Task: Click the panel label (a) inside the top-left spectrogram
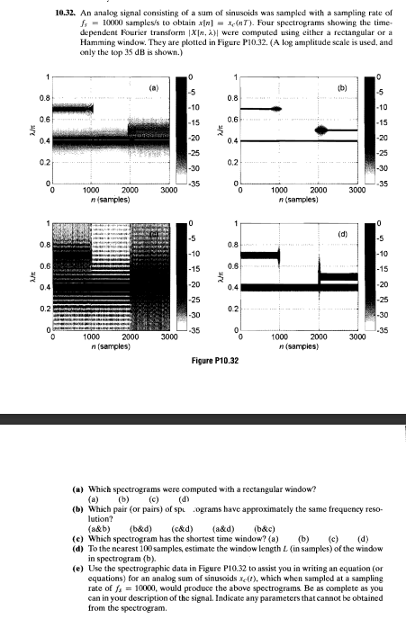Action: [153, 88]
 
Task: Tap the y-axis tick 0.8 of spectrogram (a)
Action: [41, 97]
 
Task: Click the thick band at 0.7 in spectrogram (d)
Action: [259, 256]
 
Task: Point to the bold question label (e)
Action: [78, 569]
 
